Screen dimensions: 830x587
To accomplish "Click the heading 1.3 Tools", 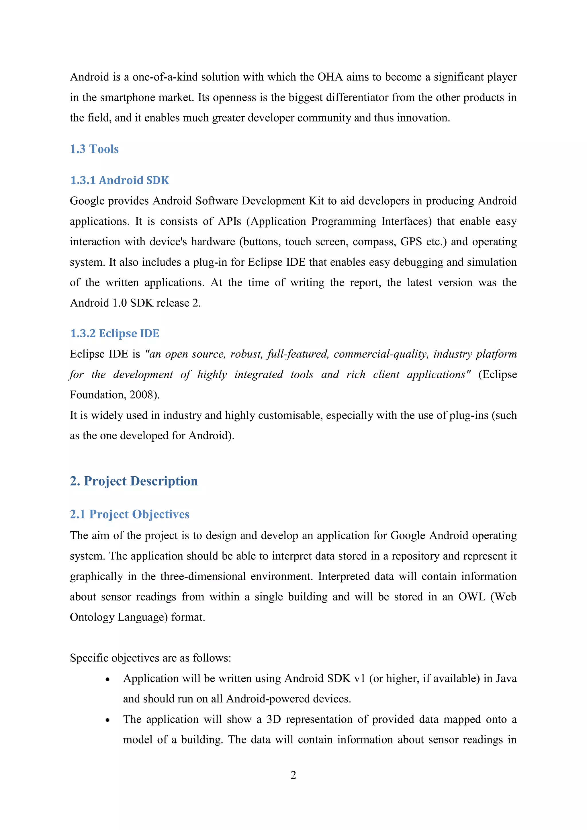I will point(94,149).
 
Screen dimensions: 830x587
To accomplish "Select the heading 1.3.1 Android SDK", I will point(119,180).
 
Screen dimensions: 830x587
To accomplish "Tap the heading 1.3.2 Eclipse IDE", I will point(114,333).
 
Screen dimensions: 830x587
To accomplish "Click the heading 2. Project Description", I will point(134,481).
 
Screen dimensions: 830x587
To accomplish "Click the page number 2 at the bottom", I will point(293,775).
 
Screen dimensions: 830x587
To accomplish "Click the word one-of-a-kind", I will point(165,77).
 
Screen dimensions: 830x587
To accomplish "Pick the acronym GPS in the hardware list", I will point(411,242).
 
